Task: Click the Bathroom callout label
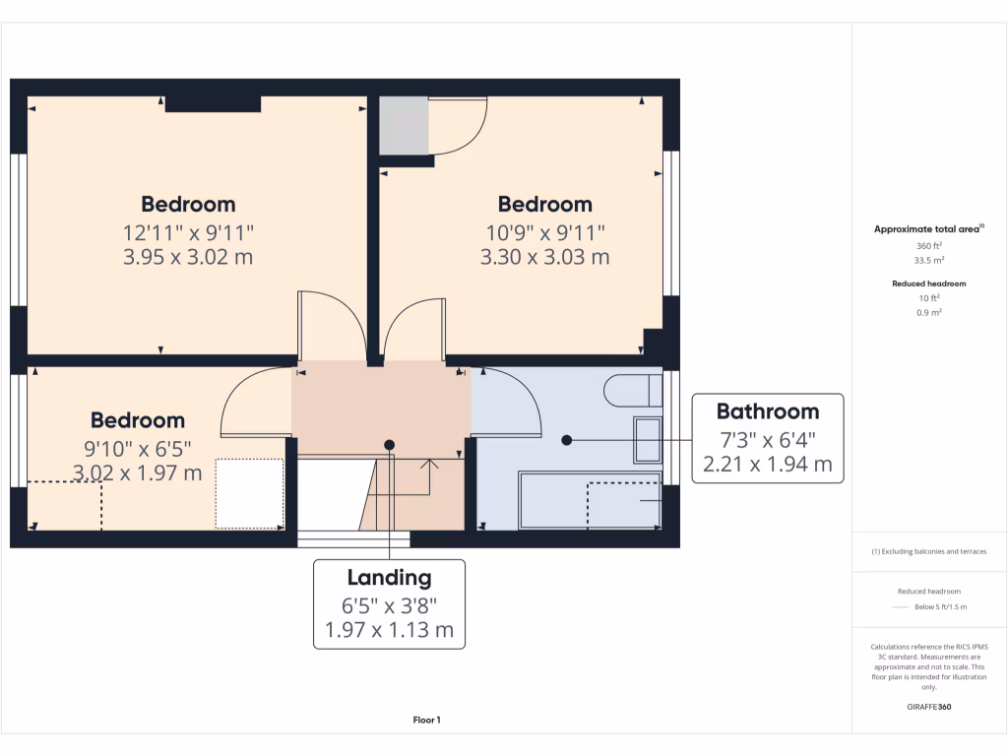(x=767, y=411)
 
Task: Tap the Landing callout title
(x=389, y=578)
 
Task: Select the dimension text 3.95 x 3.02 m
(x=188, y=258)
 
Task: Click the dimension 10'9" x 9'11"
(x=544, y=232)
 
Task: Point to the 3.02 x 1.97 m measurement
(x=138, y=473)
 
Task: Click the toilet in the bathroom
(x=631, y=391)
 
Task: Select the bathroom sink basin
(x=648, y=440)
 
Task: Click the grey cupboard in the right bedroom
(x=404, y=126)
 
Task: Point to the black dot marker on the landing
(x=390, y=445)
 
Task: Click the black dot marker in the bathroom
(x=566, y=440)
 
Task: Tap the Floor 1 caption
(x=426, y=721)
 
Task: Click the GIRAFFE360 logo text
(x=929, y=707)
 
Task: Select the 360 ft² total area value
(x=929, y=246)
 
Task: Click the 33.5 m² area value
(x=929, y=261)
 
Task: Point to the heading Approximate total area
(x=928, y=229)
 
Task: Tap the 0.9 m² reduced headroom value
(x=929, y=312)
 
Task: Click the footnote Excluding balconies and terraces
(x=929, y=551)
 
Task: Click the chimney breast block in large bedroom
(x=213, y=104)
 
